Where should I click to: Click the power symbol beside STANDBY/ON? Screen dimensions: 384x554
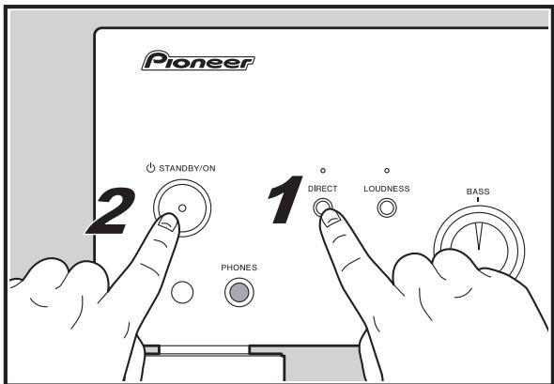(149, 168)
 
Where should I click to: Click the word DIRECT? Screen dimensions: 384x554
(322, 189)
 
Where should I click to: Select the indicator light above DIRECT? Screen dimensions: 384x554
(322, 171)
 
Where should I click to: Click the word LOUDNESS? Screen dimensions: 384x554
(386, 189)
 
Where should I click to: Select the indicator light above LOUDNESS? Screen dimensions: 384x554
(386, 171)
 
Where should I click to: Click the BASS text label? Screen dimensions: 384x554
(478, 191)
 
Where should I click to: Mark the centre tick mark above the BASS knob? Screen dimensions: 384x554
(478, 201)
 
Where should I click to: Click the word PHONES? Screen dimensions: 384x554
(239, 267)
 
